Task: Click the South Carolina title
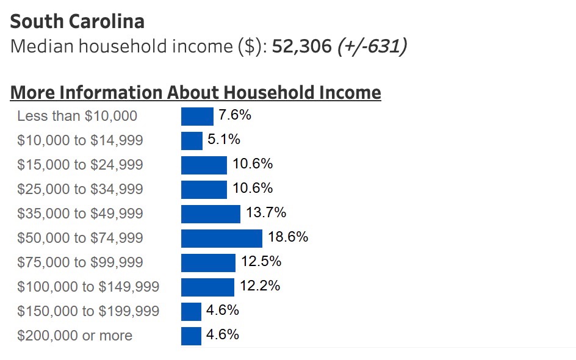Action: [x=77, y=22]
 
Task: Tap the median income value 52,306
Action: [x=301, y=46]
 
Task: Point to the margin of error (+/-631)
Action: [x=372, y=46]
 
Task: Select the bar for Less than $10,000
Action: [x=197, y=116]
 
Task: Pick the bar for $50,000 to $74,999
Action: [x=221, y=238]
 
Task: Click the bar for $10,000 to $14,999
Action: [x=192, y=140]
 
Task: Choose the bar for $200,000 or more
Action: [x=191, y=336]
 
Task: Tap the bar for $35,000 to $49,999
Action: [x=211, y=214]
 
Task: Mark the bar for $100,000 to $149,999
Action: [x=207, y=287]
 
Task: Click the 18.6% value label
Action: [x=288, y=237]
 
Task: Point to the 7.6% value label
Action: [x=235, y=115]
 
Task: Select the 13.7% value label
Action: [x=266, y=212]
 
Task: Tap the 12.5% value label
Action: [x=261, y=261]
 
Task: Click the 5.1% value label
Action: [x=224, y=139]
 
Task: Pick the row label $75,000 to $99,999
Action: [x=80, y=262]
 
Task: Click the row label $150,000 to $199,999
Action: [x=88, y=311]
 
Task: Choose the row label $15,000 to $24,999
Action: [x=80, y=165]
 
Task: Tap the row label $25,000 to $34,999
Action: [x=80, y=189]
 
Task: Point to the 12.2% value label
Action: [x=260, y=286]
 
